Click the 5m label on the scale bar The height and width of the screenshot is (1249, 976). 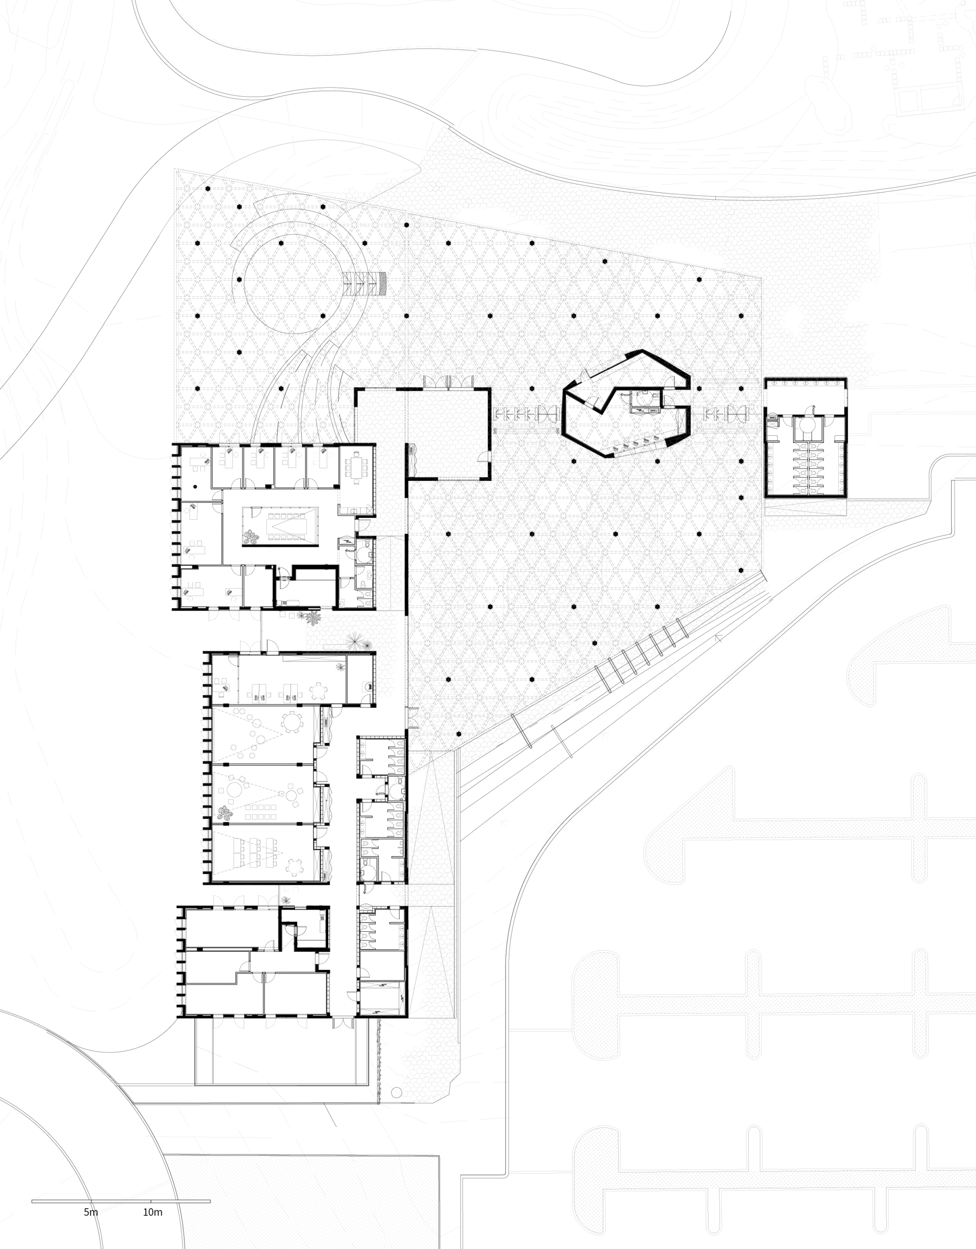pos(91,1212)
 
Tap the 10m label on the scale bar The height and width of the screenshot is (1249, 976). pos(153,1212)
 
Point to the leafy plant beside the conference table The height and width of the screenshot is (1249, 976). pos(250,536)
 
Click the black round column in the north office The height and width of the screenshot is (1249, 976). pos(196,486)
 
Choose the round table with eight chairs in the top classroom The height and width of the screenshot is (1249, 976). pos(292,723)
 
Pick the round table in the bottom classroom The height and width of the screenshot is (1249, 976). pos(294,867)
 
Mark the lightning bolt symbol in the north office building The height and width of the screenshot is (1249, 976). pos(347,540)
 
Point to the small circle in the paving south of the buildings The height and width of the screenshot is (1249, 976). pos(397,1092)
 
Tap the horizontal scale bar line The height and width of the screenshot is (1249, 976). pos(121,1202)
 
